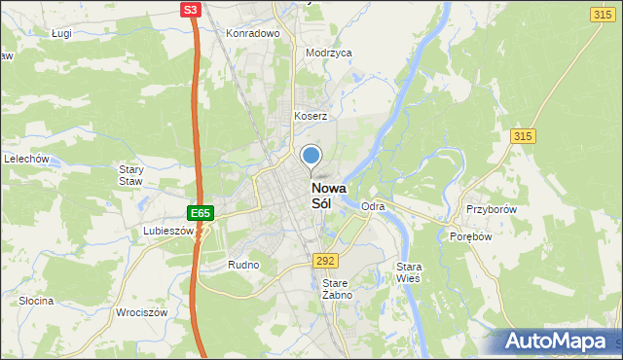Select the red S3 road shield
click(192, 10)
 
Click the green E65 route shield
click(200, 212)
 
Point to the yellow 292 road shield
click(325, 261)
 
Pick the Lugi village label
click(64, 33)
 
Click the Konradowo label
click(253, 33)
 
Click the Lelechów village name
click(26, 159)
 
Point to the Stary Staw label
click(131, 175)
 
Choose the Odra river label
click(373, 207)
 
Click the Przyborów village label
click(490, 210)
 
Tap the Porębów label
click(473, 236)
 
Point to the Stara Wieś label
click(408, 272)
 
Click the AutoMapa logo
click(552, 342)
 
